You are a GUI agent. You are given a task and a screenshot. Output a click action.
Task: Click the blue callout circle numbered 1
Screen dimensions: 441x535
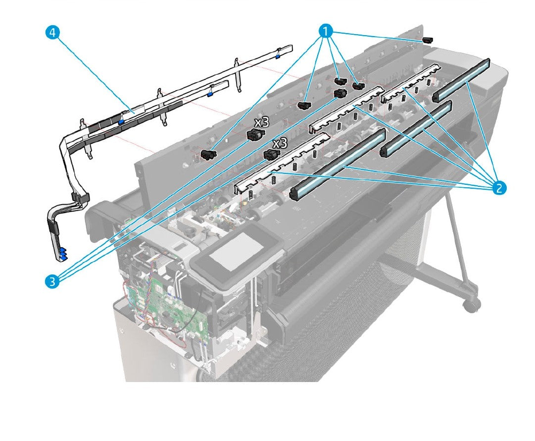point(325,31)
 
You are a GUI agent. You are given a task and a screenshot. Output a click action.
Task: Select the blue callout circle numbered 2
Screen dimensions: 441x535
point(498,187)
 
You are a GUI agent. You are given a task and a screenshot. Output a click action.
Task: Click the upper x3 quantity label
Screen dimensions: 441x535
point(261,122)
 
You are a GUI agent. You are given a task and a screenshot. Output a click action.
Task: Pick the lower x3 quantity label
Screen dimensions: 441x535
point(280,143)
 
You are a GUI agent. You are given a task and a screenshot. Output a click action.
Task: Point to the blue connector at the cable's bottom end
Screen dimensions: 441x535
point(62,255)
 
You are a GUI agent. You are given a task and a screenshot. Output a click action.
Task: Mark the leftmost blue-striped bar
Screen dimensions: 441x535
point(337,165)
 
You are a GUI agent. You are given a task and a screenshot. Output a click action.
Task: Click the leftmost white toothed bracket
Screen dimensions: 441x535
point(280,161)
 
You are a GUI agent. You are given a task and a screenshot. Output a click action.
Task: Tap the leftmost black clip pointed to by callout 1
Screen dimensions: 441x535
point(209,156)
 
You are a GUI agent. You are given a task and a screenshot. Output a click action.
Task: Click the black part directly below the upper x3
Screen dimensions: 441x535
point(254,135)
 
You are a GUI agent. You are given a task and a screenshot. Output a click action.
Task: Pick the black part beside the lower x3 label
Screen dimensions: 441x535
point(270,155)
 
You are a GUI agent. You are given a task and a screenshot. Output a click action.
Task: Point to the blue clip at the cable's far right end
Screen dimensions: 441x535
point(278,51)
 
